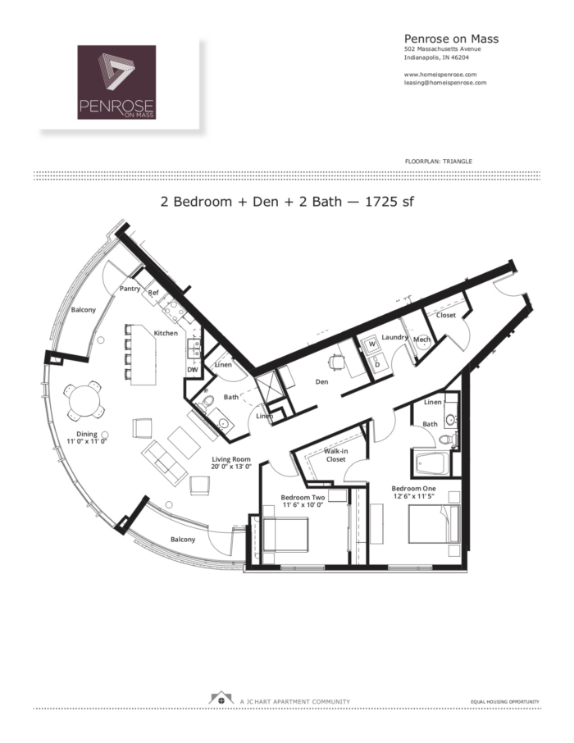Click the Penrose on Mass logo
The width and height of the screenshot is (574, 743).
tap(116, 82)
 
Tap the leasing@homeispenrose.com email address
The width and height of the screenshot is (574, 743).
tap(445, 83)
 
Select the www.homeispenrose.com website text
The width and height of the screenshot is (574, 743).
tap(440, 75)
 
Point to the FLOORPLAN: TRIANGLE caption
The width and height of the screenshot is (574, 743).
tap(438, 161)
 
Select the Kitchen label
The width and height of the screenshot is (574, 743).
tap(166, 333)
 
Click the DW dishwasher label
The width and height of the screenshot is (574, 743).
tap(194, 370)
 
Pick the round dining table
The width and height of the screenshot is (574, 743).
tap(84, 401)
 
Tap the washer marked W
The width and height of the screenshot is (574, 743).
tap(371, 344)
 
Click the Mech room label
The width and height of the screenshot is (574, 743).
tap(421, 340)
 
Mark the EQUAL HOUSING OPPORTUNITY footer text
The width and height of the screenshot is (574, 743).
tap(504, 702)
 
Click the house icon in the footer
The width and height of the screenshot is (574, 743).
tap(219, 700)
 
